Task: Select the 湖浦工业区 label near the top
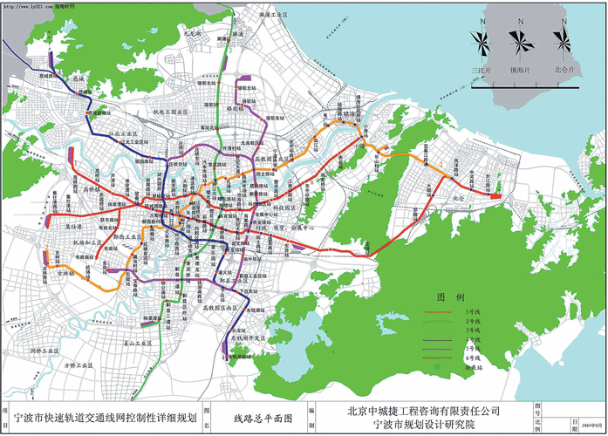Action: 261,15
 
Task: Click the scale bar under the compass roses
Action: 522,85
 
